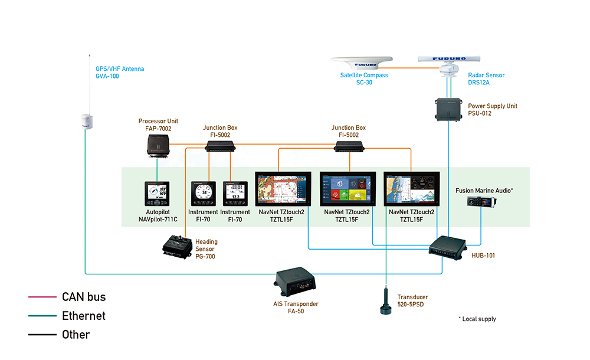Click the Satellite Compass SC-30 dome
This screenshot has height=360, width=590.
click(x=362, y=63)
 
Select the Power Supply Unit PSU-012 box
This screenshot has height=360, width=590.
click(x=448, y=110)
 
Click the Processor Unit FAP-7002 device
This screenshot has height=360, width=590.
click(x=158, y=145)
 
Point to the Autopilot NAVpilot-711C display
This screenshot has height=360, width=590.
click(x=157, y=194)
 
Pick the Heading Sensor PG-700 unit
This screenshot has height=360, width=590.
click(x=178, y=247)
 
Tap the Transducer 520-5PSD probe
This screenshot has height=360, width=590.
click(x=386, y=300)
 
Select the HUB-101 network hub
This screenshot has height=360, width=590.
click(x=447, y=247)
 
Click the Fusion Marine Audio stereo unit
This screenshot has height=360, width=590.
click(x=481, y=202)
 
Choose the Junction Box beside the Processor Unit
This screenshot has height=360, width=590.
click(x=220, y=146)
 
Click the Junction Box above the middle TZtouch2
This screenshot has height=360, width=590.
click(x=349, y=146)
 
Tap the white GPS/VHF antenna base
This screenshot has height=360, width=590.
click(x=87, y=122)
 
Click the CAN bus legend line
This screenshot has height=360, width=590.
click(x=42, y=297)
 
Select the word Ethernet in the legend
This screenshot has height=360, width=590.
click(x=84, y=316)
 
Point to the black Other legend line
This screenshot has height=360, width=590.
click(x=42, y=335)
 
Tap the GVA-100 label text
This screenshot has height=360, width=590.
click(x=107, y=76)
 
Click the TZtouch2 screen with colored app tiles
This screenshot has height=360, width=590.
click(x=348, y=189)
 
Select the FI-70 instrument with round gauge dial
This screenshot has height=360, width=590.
click(x=203, y=194)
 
